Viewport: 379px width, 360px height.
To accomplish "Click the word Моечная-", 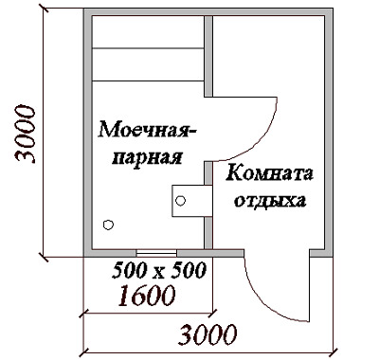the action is coord(147,130).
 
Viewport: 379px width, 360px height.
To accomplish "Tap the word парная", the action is coord(148,157).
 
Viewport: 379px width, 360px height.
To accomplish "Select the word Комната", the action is coord(269,173).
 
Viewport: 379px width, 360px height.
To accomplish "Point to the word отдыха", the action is coord(270,201).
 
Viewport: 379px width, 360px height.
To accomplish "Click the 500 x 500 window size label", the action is coord(159,270).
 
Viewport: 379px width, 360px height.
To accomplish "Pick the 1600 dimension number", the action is coord(147,296).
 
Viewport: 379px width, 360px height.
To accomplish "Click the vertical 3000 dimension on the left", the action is coord(25,135).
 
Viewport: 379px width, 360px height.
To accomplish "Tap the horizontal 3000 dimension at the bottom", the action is coord(208,334).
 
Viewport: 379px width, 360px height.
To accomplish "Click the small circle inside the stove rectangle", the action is coord(180,201).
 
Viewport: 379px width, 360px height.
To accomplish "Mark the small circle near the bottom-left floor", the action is coord(108,225).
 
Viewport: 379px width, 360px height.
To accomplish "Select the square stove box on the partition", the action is coord(192,201).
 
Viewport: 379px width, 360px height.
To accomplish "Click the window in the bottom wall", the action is coord(156,253).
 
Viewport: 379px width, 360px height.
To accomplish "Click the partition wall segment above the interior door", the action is coord(208,56).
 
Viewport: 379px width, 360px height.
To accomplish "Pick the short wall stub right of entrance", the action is coord(321,253).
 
